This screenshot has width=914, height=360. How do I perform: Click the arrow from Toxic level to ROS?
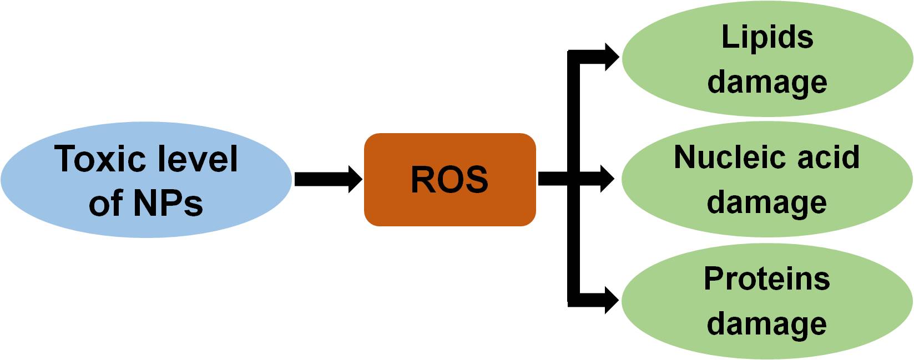pos(327,179)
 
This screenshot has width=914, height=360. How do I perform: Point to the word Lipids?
pos(767,38)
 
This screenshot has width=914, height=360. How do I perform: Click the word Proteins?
pos(767,278)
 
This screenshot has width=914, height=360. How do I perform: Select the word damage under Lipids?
pos(767,83)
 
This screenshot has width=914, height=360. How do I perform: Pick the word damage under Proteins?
pos(767,324)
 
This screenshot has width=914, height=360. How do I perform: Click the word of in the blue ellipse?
pos(105,203)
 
